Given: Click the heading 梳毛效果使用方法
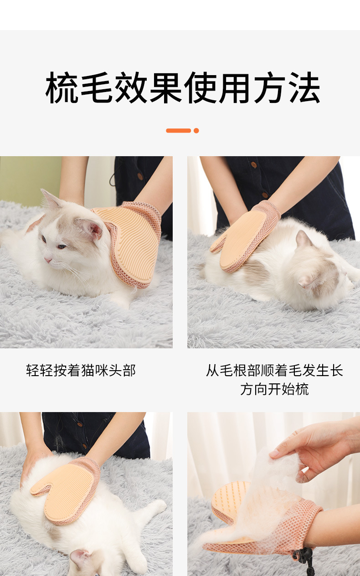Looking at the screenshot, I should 182,88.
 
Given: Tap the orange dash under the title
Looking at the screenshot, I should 178,131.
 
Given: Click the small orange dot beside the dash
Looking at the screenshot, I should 196,131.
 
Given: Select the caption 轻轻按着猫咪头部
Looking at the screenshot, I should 81,371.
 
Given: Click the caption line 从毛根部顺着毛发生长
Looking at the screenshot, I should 274,371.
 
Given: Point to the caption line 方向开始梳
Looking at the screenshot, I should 274,389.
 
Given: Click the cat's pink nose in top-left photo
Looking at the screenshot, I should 47,260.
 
